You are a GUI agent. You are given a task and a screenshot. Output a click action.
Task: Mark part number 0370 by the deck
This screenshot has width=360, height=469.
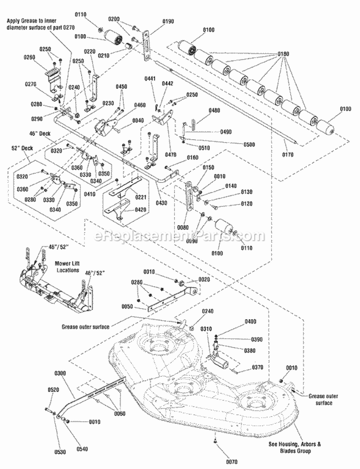tap(257, 369)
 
